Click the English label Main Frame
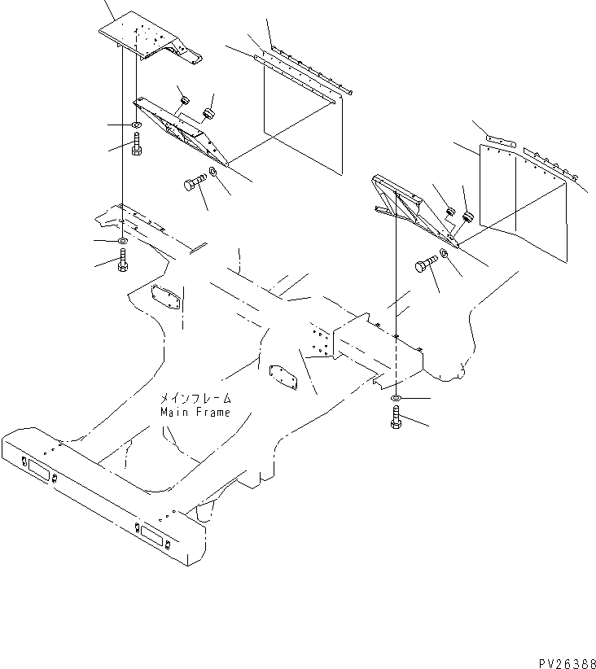coord(195,412)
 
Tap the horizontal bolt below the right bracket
coord(425,265)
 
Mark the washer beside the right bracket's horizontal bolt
coord(445,255)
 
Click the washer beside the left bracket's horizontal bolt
coord(213,172)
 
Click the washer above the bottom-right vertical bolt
coord(394,397)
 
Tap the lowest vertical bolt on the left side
coord(122,262)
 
